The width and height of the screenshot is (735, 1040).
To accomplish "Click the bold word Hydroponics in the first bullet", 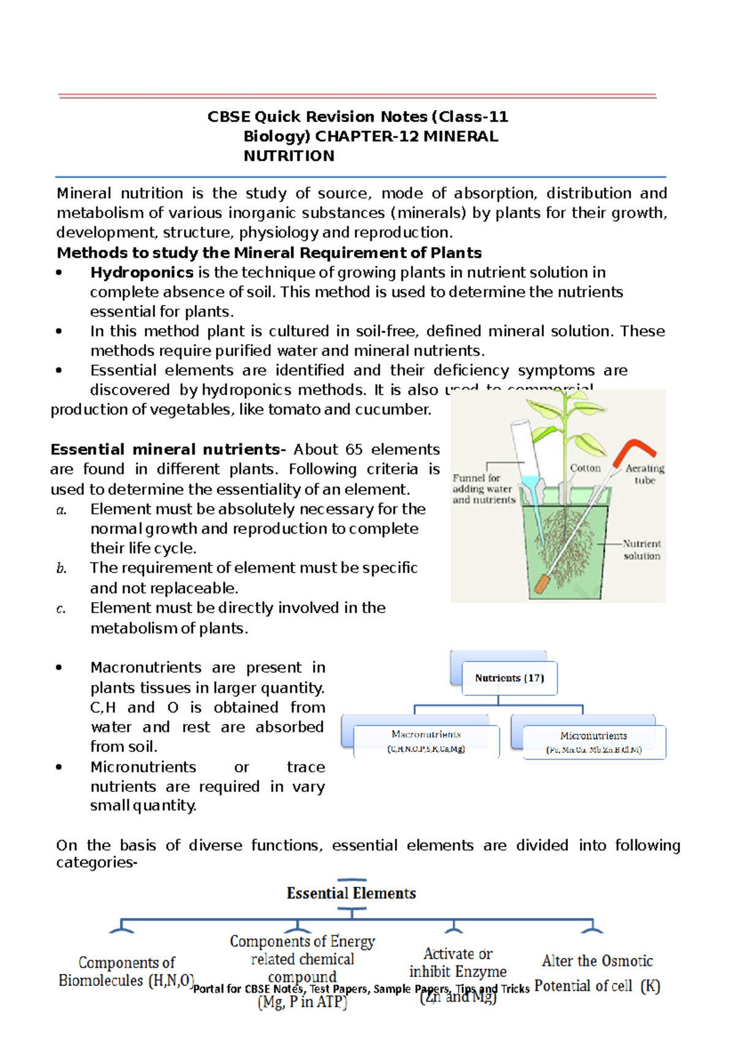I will click(x=141, y=273).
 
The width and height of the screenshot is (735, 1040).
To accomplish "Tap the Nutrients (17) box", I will click(x=510, y=678).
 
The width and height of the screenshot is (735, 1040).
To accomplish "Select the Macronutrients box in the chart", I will click(x=426, y=740).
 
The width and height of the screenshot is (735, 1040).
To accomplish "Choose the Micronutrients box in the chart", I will click(x=594, y=742).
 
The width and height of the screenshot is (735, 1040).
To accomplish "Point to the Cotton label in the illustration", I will click(x=585, y=468).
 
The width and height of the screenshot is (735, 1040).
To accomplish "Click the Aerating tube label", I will click(x=644, y=474).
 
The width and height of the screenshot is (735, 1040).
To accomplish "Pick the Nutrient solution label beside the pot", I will click(x=641, y=549).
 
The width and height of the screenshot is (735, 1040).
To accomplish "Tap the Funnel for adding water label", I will click(x=483, y=488).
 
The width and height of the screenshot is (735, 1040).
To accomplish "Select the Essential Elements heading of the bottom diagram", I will click(x=351, y=894).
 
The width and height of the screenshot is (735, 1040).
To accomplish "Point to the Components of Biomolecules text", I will click(x=126, y=971).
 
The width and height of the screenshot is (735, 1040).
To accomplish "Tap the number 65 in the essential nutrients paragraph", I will click(x=353, y=450).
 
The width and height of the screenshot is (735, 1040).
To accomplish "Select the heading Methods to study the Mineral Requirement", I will click(x=269, y=253).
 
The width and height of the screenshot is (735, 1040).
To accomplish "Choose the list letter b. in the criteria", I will click(x=61, y=568).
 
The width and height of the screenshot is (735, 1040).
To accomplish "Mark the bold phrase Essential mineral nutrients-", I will click(x=168, y=450).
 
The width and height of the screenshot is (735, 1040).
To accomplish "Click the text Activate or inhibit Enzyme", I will click(x=458, y=963).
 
